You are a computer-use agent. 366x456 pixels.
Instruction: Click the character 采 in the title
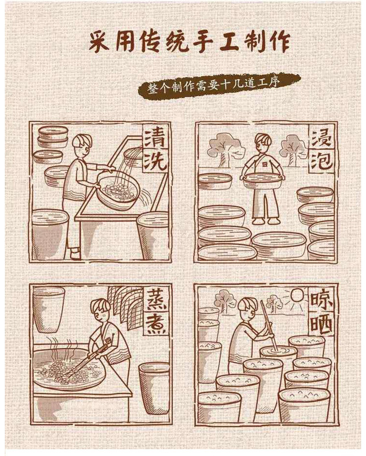tap(99, 43)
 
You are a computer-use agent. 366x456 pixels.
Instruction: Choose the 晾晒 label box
tap(321, 312)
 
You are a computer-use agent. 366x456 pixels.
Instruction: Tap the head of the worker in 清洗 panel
tap(82, 146)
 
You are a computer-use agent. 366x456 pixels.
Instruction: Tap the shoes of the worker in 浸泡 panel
tap(265, 221)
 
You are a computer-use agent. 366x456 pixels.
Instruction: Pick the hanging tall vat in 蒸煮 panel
tap(48, 310)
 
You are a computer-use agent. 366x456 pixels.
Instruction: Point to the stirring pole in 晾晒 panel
tap(269, 326)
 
